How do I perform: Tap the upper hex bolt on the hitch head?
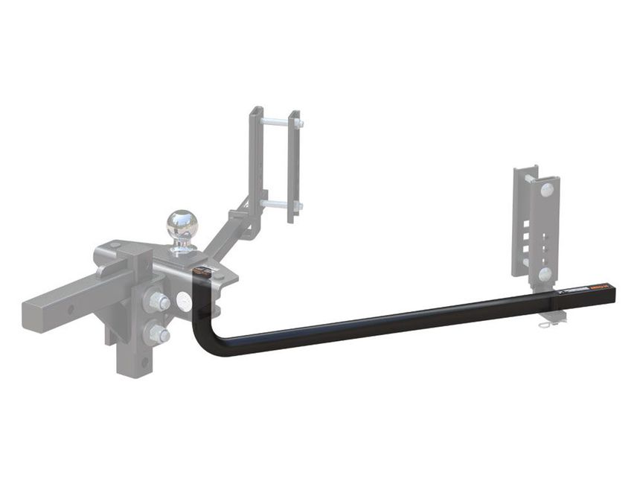(x=158, y=302)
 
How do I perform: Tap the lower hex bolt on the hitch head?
(x=159, y=334)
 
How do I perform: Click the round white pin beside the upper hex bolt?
(x=182, y=301)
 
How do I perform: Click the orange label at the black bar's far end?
(x=599, y=287)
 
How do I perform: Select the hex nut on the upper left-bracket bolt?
(x=298, y=122)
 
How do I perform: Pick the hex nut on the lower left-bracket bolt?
(x=298, y=205)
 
